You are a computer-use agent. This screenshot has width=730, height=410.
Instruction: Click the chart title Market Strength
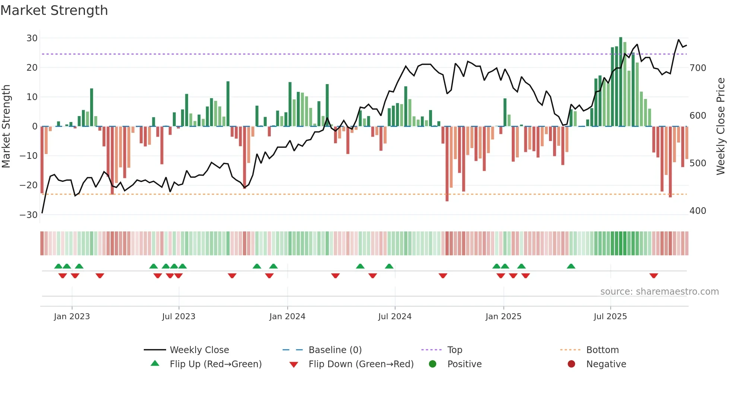pos(54,10)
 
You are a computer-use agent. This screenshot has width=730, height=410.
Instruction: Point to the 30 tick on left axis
pos(32,38)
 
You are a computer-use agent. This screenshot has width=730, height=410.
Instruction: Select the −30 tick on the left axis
pos(29,215)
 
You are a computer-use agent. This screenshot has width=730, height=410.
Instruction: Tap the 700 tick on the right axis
pos(698,68)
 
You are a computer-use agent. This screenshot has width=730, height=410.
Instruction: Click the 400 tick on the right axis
pos(698,211)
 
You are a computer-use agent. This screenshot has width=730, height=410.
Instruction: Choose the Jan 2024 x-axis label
pos(287,317)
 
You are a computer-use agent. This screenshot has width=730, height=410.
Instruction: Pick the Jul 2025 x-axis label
pos(610,317)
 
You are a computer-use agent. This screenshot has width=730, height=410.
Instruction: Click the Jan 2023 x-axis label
pos(72,317)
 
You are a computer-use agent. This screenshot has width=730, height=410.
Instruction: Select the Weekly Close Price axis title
pos(721,126)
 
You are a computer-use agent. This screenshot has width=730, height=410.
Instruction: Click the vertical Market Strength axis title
pos(6,126)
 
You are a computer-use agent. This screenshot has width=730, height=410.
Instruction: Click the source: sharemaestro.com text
pos(659,292)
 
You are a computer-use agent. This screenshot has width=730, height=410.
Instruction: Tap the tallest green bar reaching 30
pos(620,82)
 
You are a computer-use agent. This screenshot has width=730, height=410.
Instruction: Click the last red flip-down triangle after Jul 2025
pos(654,276)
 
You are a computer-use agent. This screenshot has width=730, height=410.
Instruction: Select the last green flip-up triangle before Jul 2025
pos(571,266)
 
